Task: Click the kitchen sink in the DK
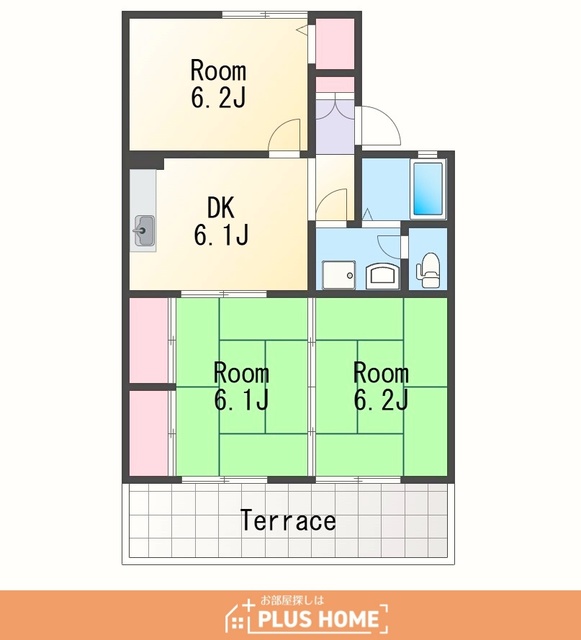tap(144, 231)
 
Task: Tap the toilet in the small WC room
tap(427, 270)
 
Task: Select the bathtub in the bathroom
tap(428, 189)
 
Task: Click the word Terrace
tap(288, 520)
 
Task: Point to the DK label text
tap(221, 208)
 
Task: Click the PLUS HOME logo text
tap(318, 619)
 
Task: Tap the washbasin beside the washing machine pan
tap(383, 276)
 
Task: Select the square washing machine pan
tap(339, 275)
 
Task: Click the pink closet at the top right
tap(335, 44)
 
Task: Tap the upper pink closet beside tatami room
tap(149, 340)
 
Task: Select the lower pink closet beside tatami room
tap(149, 433)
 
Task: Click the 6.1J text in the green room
tap(241, 400)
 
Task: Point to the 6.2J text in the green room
tap(381, 400)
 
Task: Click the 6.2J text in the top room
tap(218, 98)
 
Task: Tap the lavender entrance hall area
tap(335, 126)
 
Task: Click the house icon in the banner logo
tap(240, 616)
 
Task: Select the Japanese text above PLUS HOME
tap(292, 600)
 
